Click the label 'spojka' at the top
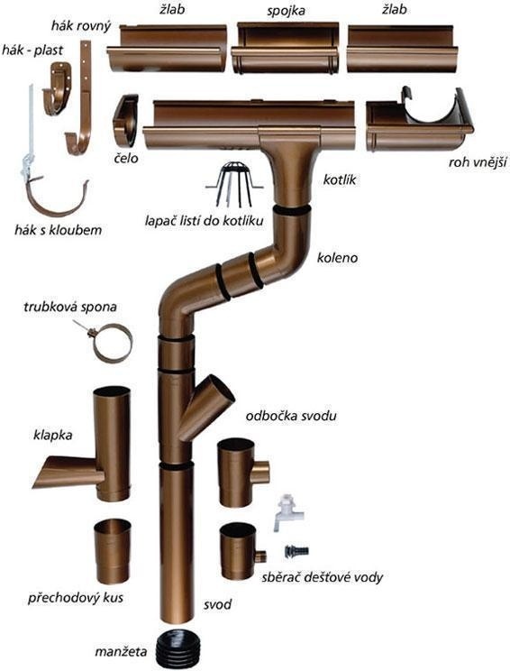[x=286, y=10]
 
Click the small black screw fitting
[x=296, y=551]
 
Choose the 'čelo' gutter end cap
[x=125, y=120]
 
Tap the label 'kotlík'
[x=340, y=179]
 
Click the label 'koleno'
[x=337, y=258]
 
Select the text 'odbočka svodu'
[x=291, y=416]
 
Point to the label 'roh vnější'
[x=478, y=162]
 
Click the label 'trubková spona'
[x=70, y=307]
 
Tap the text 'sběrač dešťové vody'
[x=322, y=577]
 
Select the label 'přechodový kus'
[x=76, y=597]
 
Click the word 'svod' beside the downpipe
[x=217, y=604]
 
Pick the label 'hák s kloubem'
[x=59, y=230]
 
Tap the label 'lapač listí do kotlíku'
[x=204, y=221]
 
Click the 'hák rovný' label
[x=81, y=26]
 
